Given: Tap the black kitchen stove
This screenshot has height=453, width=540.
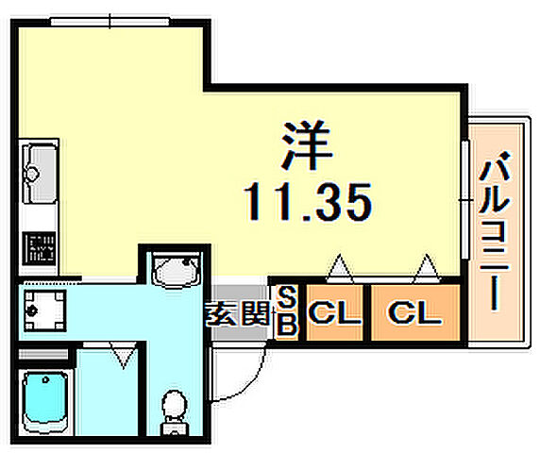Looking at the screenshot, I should (40, 250).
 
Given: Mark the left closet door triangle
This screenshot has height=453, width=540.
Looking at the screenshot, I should (339, 271).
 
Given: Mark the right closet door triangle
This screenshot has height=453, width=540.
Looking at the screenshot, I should (426, 271).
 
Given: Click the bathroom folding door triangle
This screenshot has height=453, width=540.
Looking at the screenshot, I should (121, 356).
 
